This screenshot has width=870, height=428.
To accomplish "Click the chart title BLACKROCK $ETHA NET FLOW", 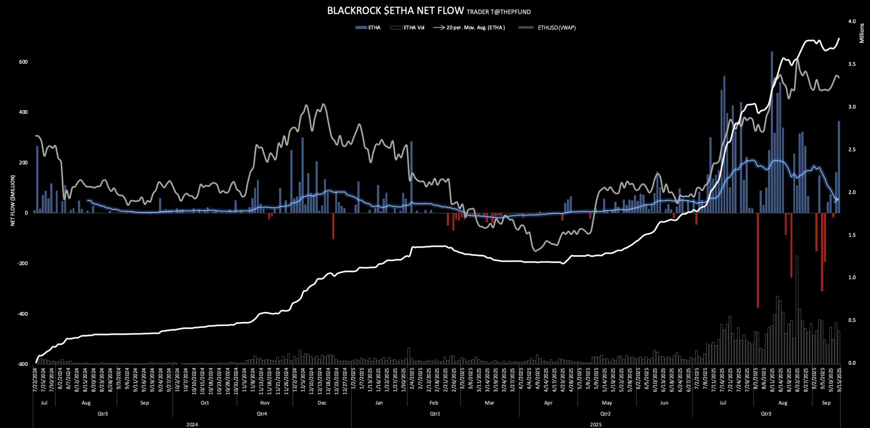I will [395, 11].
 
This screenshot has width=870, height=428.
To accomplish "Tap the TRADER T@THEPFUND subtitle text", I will [499, 12].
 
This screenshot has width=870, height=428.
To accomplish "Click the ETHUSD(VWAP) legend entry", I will [556, 28].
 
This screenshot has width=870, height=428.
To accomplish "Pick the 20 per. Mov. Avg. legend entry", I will [475, 28].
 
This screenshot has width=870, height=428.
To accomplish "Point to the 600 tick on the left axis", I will [23, 62].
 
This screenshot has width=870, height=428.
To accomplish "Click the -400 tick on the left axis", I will [22, 314].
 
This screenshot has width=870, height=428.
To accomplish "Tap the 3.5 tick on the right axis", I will [852, 64].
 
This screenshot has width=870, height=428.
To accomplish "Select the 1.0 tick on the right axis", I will [852, 277].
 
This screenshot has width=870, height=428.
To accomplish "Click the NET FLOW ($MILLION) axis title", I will [13, 200].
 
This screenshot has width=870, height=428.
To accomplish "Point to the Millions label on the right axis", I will [862, 33].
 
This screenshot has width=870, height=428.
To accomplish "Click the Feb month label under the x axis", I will [434, 403].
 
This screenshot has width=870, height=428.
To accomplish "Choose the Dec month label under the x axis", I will [322, 403].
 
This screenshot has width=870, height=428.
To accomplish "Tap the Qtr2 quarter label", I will [605, 414].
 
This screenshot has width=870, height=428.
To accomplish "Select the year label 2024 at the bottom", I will [192, 425].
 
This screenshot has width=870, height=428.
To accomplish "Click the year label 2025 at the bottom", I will [595, 425].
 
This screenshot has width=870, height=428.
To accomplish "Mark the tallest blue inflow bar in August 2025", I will [772, 133].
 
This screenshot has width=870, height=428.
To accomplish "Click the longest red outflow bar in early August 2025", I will [758, 260].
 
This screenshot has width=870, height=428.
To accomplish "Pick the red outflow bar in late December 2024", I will [333, 226].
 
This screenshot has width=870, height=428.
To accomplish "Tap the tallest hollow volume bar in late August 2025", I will [797, 309].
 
